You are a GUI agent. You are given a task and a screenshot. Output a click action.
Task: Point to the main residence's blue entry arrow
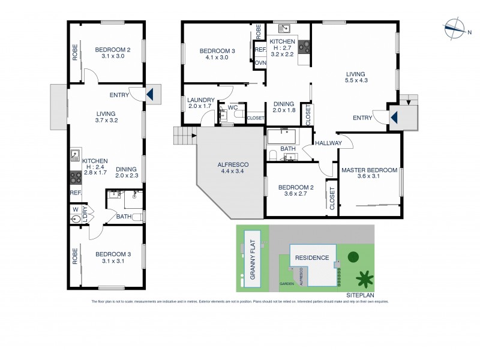tap(395, 117)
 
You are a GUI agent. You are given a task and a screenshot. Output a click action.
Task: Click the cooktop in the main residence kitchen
tap(304, 46)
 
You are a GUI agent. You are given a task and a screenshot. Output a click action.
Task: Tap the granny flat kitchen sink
tap(76, 155)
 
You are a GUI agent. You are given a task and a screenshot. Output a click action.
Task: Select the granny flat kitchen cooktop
tap(76, 177)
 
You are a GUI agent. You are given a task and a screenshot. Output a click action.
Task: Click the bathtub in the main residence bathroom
tap(286, 135)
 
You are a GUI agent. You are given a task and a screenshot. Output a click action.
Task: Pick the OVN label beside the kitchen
tap(260, 62)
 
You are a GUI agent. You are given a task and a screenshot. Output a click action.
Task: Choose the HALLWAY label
tap(326, 143)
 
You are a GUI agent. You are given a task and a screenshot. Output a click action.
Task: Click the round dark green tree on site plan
tap(353, 257)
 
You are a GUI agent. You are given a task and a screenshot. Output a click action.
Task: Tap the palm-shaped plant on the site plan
tap(362, 278)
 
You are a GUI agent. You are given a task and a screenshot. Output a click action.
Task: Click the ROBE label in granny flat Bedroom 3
tap(76, 256)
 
